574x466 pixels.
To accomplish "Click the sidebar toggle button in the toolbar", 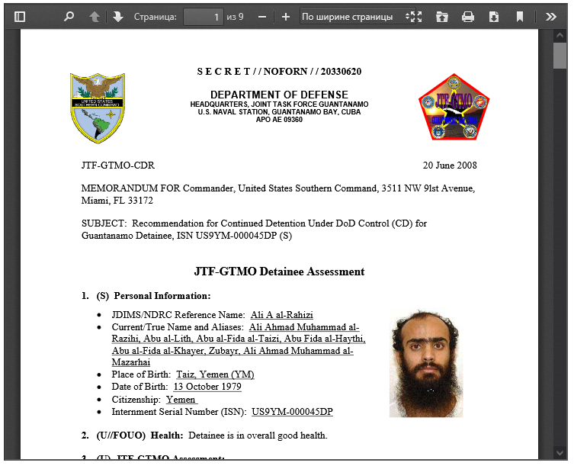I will click(20, 17).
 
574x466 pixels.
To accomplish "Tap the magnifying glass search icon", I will click(69, 17).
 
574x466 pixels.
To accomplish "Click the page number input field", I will click(203, 17).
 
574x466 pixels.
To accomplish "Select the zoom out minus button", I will click(262, 17).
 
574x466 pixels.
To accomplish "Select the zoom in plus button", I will click(286, 17).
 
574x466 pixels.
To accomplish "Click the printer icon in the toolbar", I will click(468, 17).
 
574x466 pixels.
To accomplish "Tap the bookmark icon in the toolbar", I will click(519, 17).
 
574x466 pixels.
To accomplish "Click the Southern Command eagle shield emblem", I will click(98, 108).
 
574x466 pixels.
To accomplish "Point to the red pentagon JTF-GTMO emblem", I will click(454, 108).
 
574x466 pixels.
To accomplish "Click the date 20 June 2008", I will click(450, 166).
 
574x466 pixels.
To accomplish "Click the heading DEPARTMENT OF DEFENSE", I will click(279, 95).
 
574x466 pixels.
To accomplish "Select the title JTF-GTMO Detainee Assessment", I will click(279, 272).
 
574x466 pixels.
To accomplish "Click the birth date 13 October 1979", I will click(207, 387).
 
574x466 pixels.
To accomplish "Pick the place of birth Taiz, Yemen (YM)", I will click(215, 374).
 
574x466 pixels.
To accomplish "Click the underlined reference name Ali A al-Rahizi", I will click(281, 315).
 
